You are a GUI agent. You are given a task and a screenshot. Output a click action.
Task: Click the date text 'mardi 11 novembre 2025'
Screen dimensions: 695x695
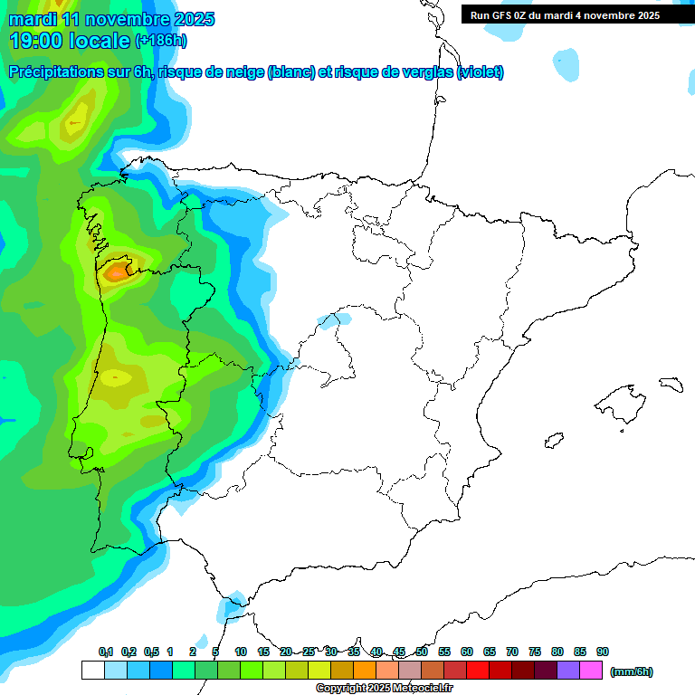pyautogui.click(x=111, y=19)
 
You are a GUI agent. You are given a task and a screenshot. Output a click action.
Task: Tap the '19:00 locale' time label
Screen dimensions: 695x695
pyautogui.click(x=70, y=40)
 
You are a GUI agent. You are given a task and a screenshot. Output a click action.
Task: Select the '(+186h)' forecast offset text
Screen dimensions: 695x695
pyautogui.click(x=161, y=41)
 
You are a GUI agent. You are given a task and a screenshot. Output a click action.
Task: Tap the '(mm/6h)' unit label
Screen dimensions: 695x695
pyautogui.click(x=632, y=671)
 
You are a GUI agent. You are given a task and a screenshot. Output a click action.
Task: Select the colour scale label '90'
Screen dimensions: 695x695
pyautogui.click(x=603, y=652)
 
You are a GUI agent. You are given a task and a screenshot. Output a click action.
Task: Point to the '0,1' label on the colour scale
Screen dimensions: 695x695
pyautogui.click(x=106, y=652)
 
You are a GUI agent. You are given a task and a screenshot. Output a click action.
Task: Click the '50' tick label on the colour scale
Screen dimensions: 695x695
pyautogui.click(x=422, y=652)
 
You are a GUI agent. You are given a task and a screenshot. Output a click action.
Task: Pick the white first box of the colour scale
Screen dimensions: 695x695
pyautogui.click(x=92, y=671)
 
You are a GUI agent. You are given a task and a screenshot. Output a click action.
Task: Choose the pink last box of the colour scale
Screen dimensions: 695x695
pyautogui.click(x=591, y=671)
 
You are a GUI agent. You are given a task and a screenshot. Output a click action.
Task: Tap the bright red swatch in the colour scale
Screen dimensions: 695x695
pyautogui.click(x=478, y=671)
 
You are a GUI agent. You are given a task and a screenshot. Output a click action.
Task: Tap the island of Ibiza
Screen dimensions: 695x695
pyautogui.click(x=554, y=441)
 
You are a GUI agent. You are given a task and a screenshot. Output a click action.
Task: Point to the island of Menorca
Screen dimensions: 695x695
pyautogui.click(x=671, y=384)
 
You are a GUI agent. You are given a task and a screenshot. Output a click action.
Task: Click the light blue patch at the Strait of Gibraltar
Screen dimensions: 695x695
pyautogui.click(x=233, y=602)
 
